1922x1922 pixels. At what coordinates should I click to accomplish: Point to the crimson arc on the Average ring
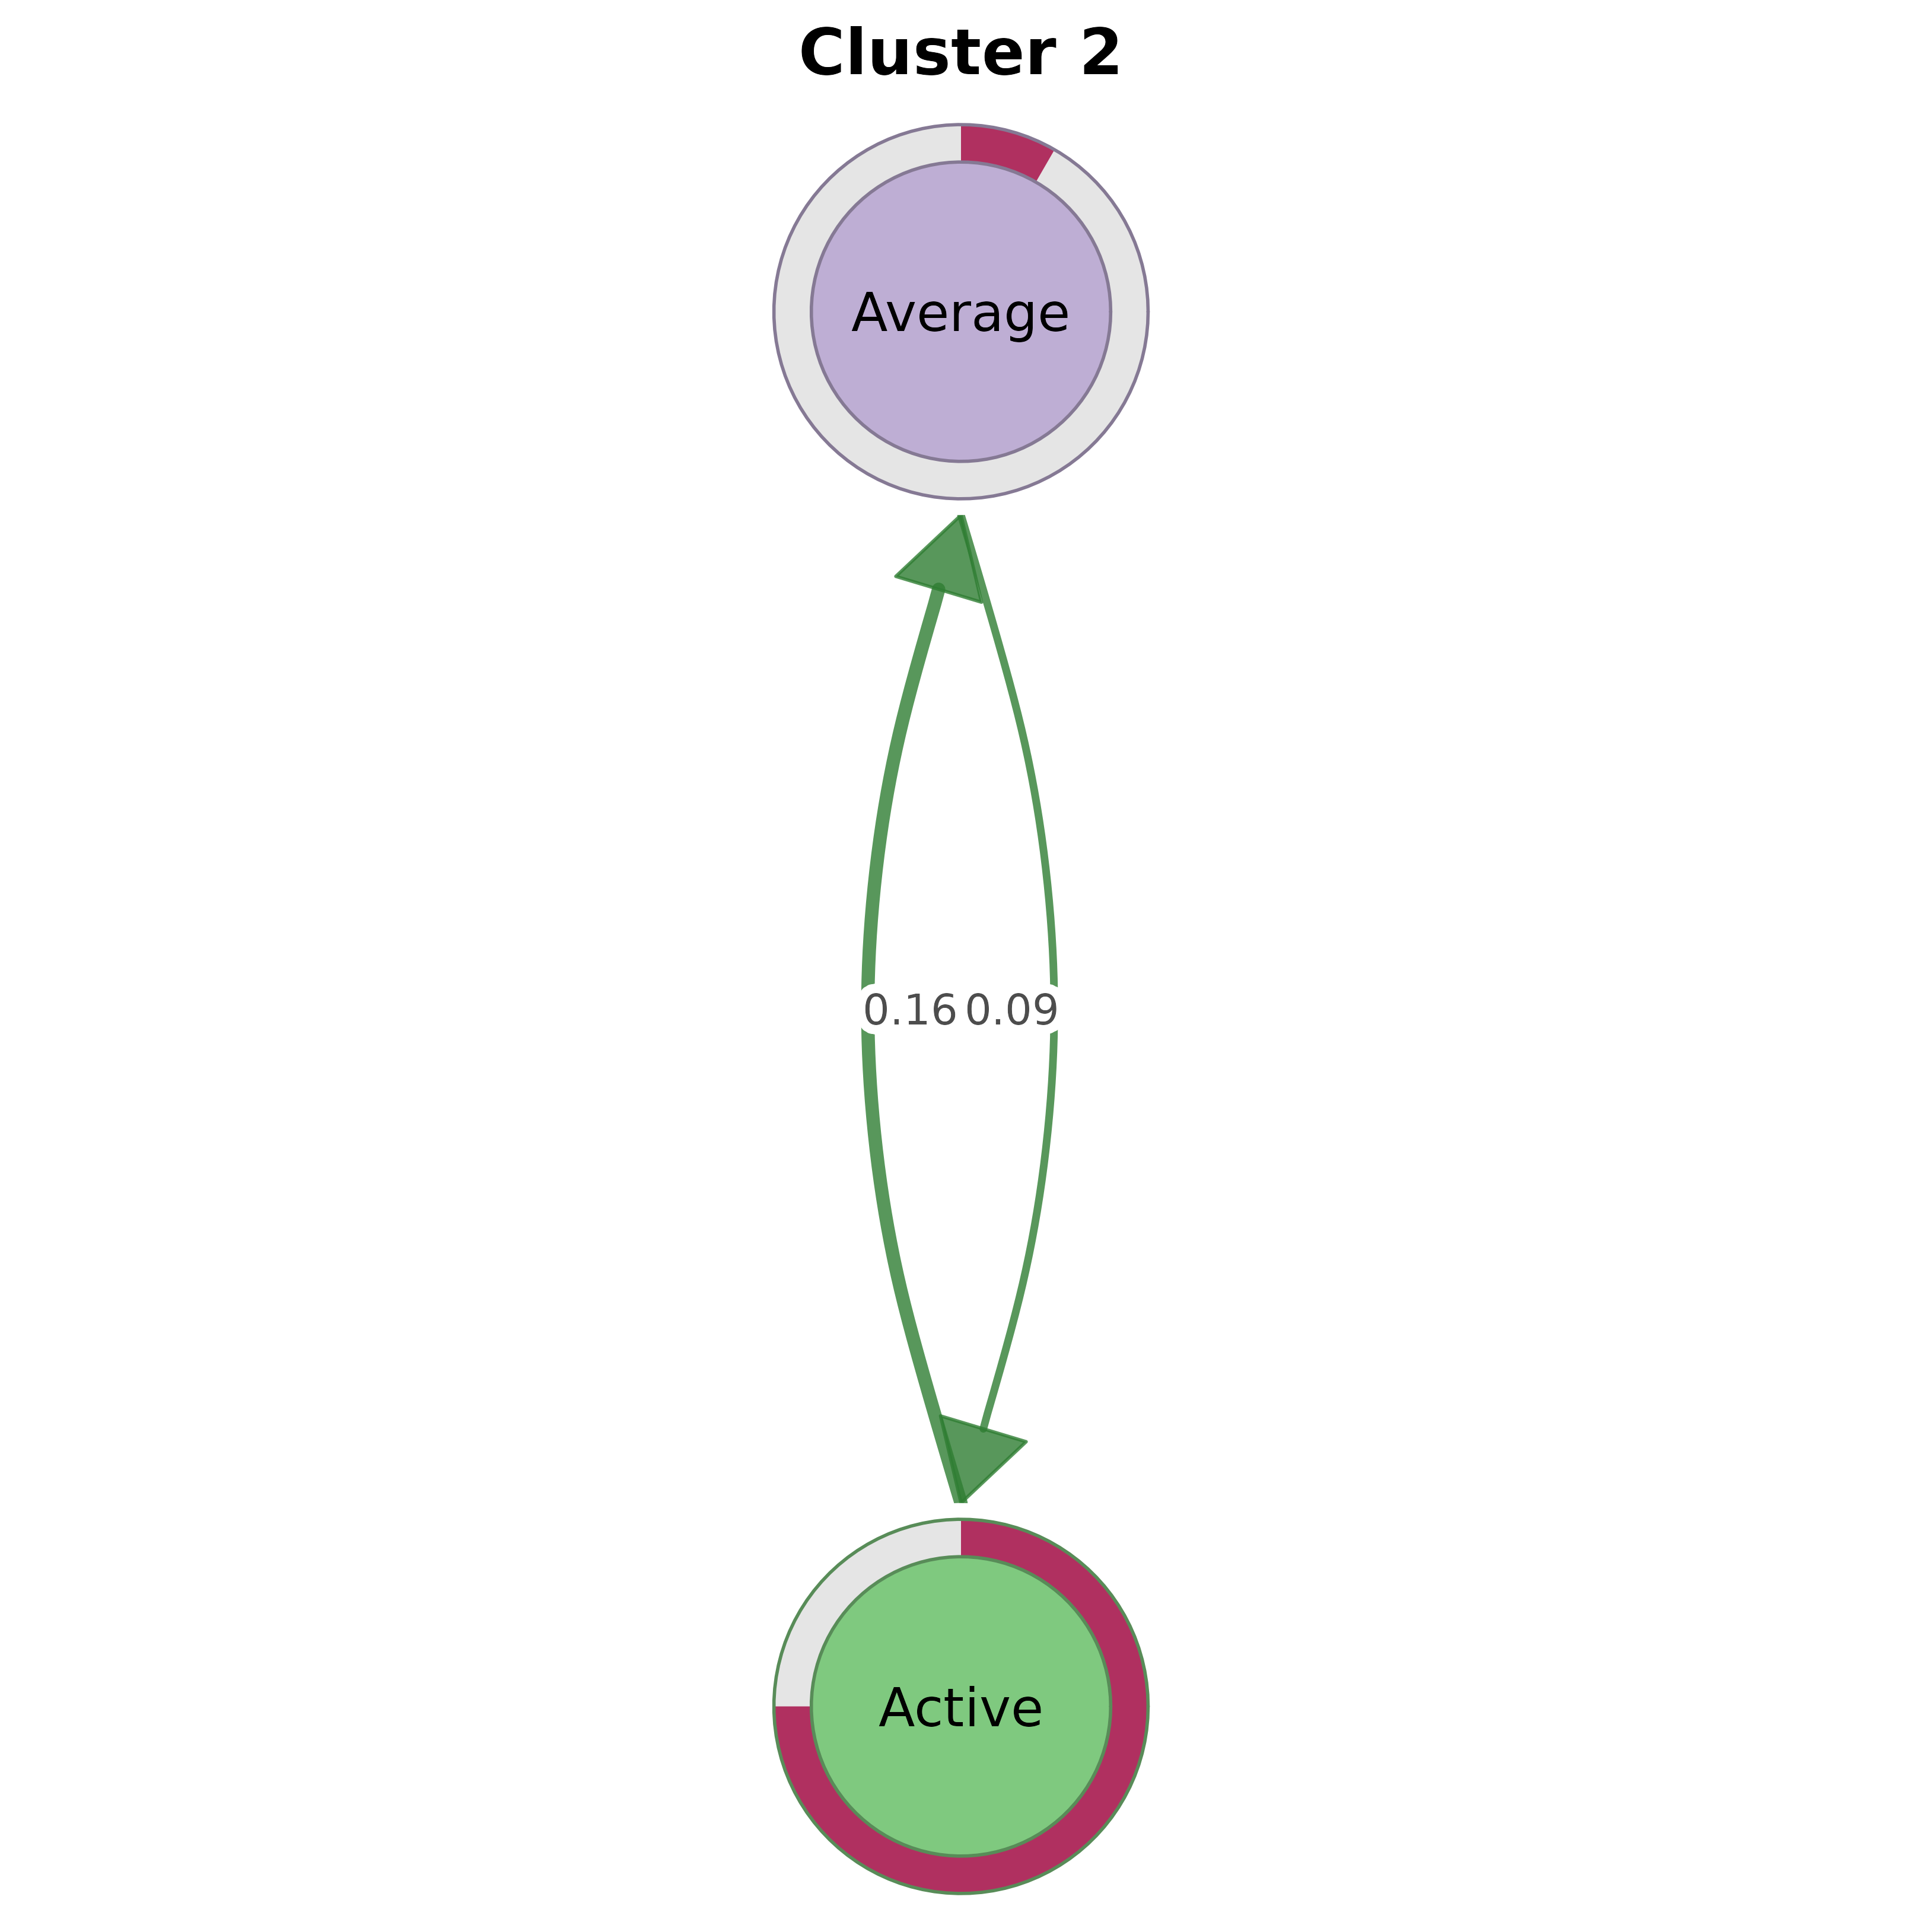tap(1005, 149)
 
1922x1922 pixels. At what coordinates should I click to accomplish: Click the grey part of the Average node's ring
tap(793, 311)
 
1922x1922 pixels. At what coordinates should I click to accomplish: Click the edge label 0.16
tap(909, 1010)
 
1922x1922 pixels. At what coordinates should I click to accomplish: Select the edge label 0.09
tap(1012, 1010)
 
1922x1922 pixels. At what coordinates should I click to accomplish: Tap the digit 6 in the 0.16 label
tap(944, 1010)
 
